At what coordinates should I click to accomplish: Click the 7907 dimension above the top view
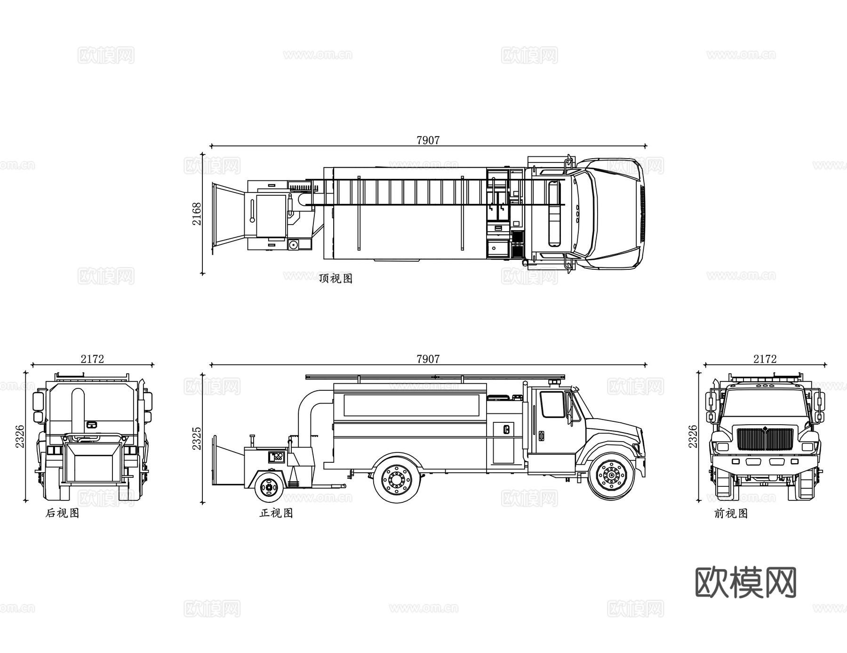(x=428, y=140)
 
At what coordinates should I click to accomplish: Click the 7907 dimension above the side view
(x=428, y=359)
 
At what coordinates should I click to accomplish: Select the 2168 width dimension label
(x=197, y=214)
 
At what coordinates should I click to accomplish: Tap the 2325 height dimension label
(x=197, y=438)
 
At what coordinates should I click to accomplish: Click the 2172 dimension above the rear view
(x=92, y=359)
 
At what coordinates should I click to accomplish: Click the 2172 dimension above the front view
(x=765, y=359)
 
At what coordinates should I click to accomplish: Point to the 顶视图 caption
(x=336, y=278)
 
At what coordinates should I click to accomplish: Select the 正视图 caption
(x=276, y=513)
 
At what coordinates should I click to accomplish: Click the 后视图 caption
(x=62, y=513)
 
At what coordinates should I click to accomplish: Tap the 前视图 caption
(x=731, y=513)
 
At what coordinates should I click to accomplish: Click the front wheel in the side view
(x=611, y=476)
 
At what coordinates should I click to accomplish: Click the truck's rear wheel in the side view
(x=396, y=479)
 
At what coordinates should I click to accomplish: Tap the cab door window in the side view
(x=552, y=404)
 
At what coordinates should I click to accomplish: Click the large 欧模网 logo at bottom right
(x=745, y=583)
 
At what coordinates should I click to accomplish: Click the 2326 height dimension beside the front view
(x=693, y=436)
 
